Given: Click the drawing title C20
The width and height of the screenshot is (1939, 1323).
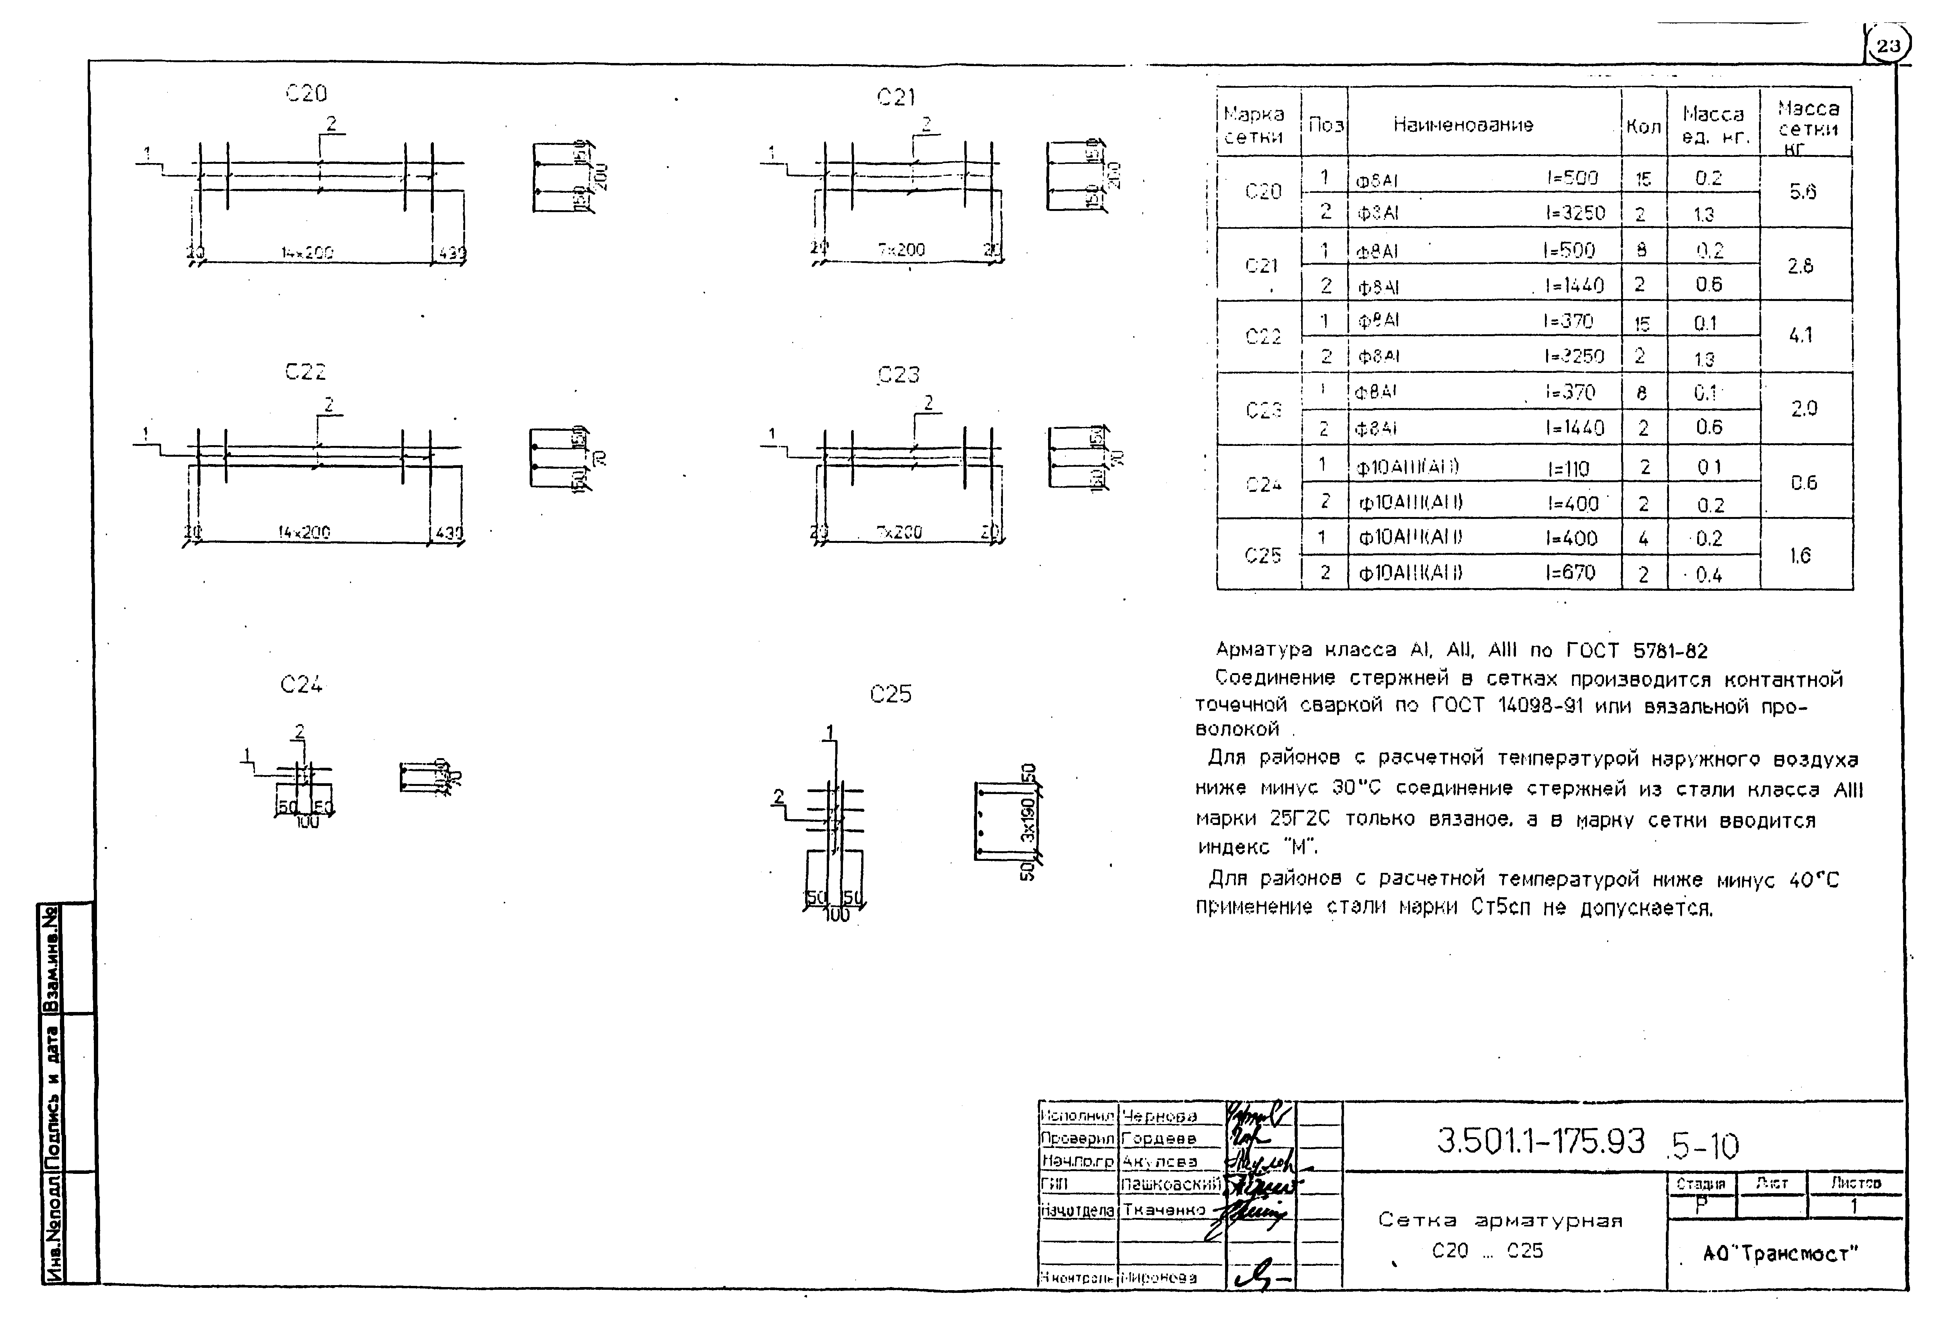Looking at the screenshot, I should point(306,94).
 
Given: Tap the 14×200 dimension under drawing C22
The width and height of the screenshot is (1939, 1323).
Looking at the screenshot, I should point(304,532).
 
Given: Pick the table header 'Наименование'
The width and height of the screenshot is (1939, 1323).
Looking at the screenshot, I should point(1463,125).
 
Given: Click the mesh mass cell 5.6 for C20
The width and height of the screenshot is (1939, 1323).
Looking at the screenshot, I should point(1802,192).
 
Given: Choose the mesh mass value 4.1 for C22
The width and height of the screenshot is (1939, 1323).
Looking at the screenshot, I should point(1800,335).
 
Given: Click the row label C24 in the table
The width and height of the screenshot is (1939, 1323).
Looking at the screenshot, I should point(1263,484).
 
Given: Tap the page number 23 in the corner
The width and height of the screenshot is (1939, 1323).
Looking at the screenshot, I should point(1888,46).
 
